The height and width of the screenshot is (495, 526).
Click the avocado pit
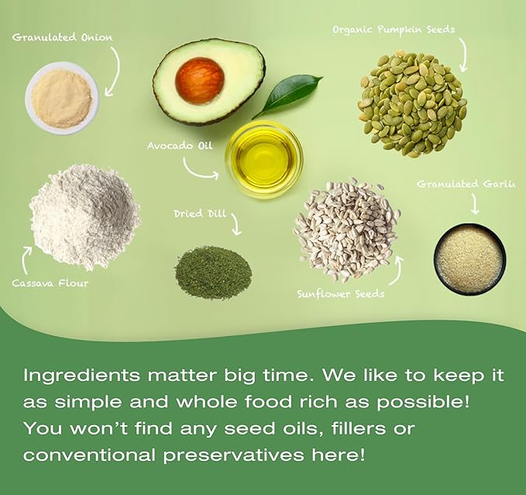pyautogui.click(x=200, y=81)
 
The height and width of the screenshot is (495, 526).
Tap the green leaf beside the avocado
pyautogui.click(x=287, y=96)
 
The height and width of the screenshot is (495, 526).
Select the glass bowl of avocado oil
pyautogui.click(x=264, y=159)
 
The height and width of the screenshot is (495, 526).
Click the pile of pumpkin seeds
pyautogui.click(x=413, y=103)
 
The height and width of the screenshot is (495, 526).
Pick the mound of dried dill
pyautogui.click(x=213, y=272)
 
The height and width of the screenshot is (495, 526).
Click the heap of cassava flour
pyautogui.click(x=84, y=216)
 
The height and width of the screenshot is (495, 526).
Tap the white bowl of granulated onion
pyautogui.click(x=62, y=99)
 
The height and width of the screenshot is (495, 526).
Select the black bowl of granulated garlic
pyautogui.click(x=470, y=259)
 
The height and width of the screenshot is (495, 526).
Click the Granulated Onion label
pyautogui.click(x=62, y=37)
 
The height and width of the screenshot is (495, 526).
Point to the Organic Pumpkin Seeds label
pyautogui.click(x=394, y=30)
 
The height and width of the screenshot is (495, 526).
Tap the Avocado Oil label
pyautogui.click(x=180, y=146)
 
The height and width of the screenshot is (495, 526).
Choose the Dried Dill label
pyautogui.click(x=200, y=213)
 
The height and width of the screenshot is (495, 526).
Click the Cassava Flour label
pyautogui.click(x=50, y=283)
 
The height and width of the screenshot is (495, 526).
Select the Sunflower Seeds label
pyautogui.click(x=341, y=294)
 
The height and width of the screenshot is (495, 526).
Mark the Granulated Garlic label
pyautogui.click(x=466, y=184)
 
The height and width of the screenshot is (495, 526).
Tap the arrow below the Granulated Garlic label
pyautogui.click(x=475, y=203)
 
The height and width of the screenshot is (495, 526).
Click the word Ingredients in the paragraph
pyautogui.click(x=81, y=376)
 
